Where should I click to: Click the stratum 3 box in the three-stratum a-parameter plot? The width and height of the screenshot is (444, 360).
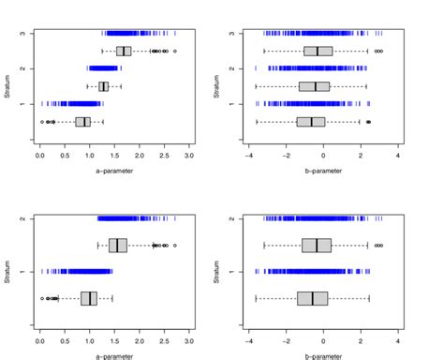tap(124, 51)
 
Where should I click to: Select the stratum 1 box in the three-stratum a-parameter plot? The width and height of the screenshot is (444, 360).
tap(83, 121)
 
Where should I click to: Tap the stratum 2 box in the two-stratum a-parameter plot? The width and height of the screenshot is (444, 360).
tap(118, 246)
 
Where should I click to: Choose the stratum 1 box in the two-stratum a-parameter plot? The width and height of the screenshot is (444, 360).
tap(89, 298)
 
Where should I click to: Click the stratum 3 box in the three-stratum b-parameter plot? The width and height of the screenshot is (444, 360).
tap(318, 51)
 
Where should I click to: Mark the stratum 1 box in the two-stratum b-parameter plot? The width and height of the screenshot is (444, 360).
tap(313, 298)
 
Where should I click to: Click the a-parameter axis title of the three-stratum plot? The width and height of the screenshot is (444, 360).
tap(114, 172)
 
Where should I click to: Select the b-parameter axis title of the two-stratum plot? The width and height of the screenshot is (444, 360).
tap(323, 357)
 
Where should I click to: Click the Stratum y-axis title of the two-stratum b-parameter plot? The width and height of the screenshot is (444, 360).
tap(217, 272)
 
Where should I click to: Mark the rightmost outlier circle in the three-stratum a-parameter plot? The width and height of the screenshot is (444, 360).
tap(175, 51)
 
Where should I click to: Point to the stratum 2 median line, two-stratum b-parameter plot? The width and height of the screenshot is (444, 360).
tap(317, 246)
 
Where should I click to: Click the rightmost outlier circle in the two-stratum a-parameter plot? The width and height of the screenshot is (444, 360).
tap(175, 246)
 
